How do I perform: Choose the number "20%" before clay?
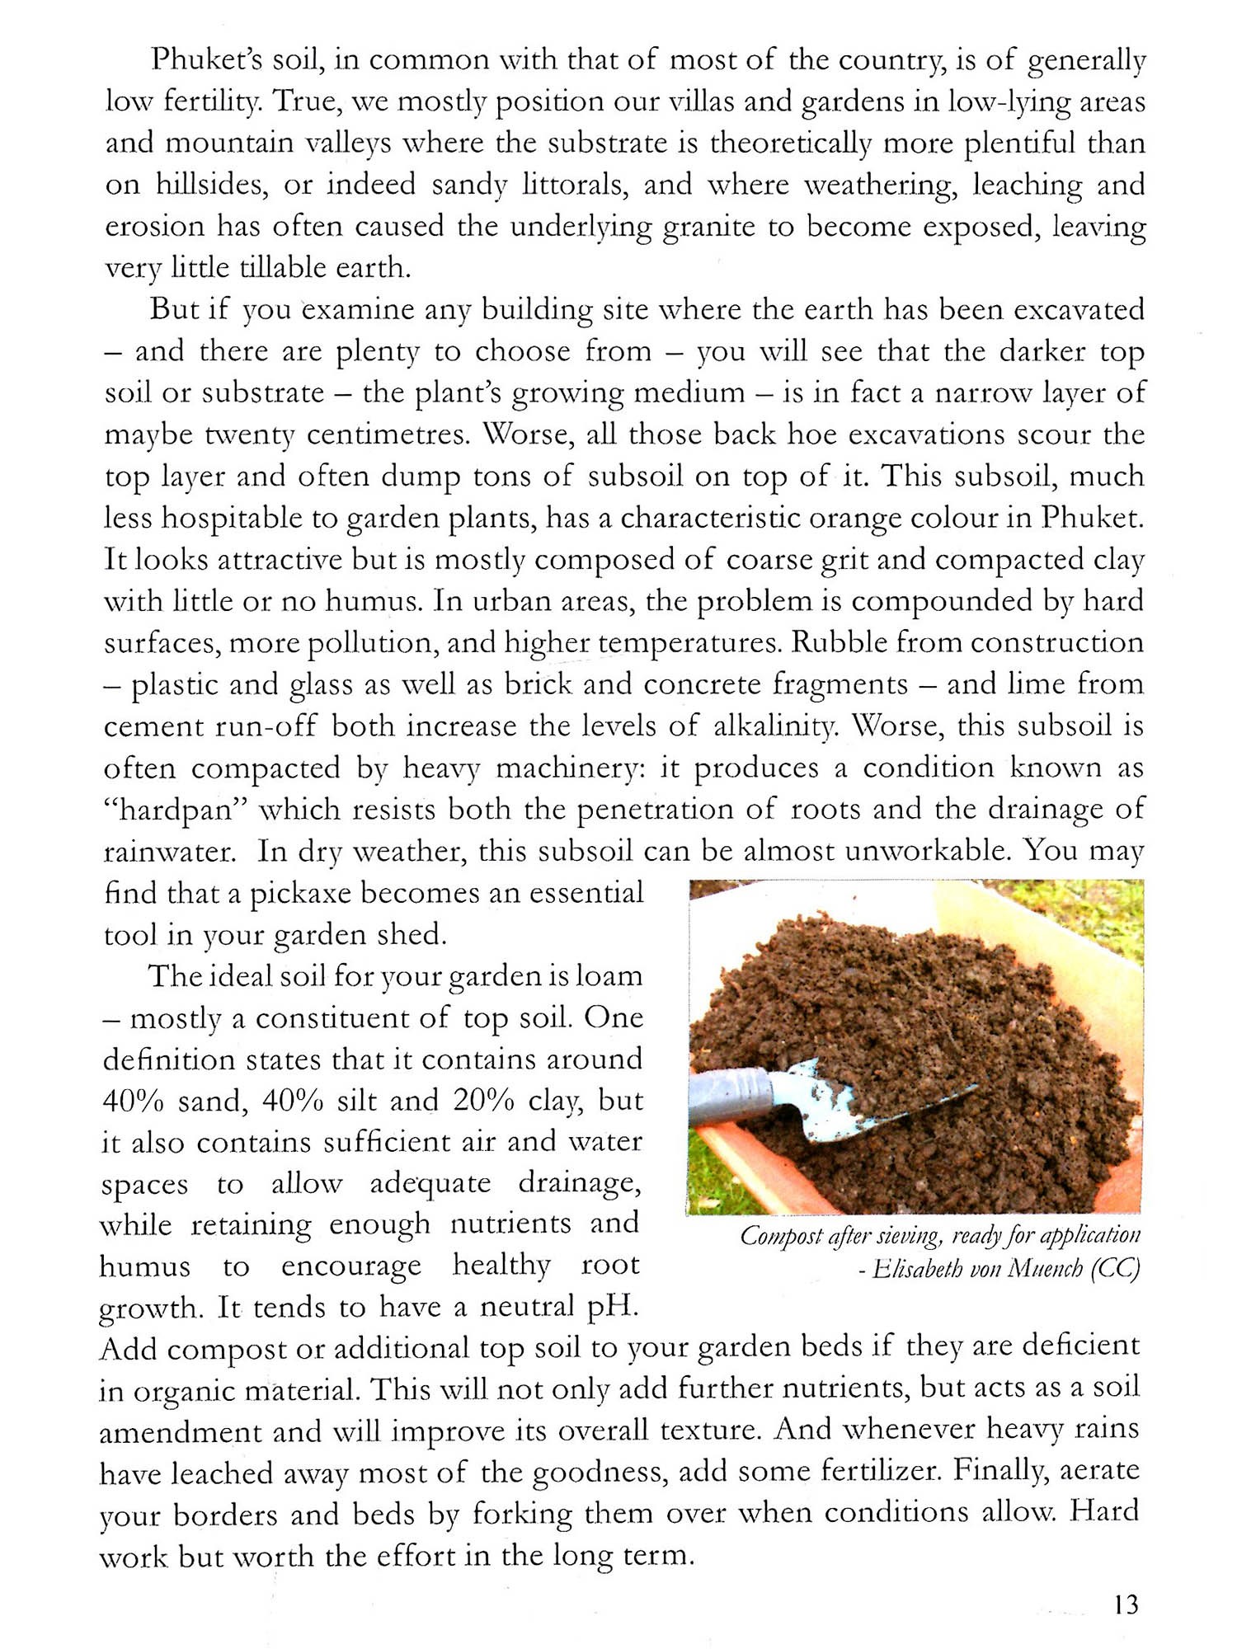[483, 1101]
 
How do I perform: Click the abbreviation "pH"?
[611, 1308]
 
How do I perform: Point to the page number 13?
[1126, 1604]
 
